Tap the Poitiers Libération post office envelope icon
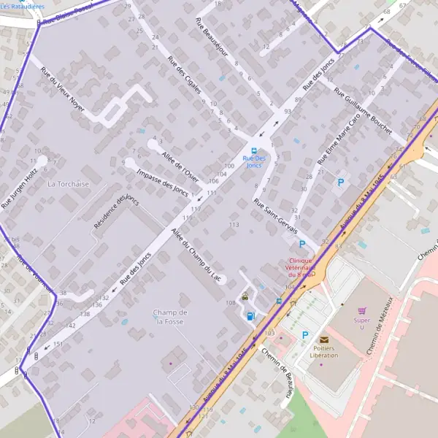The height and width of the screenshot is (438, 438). click(324, 339)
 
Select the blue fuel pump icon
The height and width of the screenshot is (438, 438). click(251, 316)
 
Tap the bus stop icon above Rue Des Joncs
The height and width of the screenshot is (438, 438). click(253, 151)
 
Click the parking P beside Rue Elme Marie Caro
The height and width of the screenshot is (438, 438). click(339, 182)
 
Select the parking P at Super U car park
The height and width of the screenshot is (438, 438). click(305, 335)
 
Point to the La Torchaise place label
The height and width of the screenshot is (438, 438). click(68, 184)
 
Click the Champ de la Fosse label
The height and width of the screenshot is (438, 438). click(170, 317)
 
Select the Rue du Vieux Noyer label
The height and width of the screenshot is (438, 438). click(62, 90)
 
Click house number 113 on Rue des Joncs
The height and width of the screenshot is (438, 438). click(234, 225)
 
